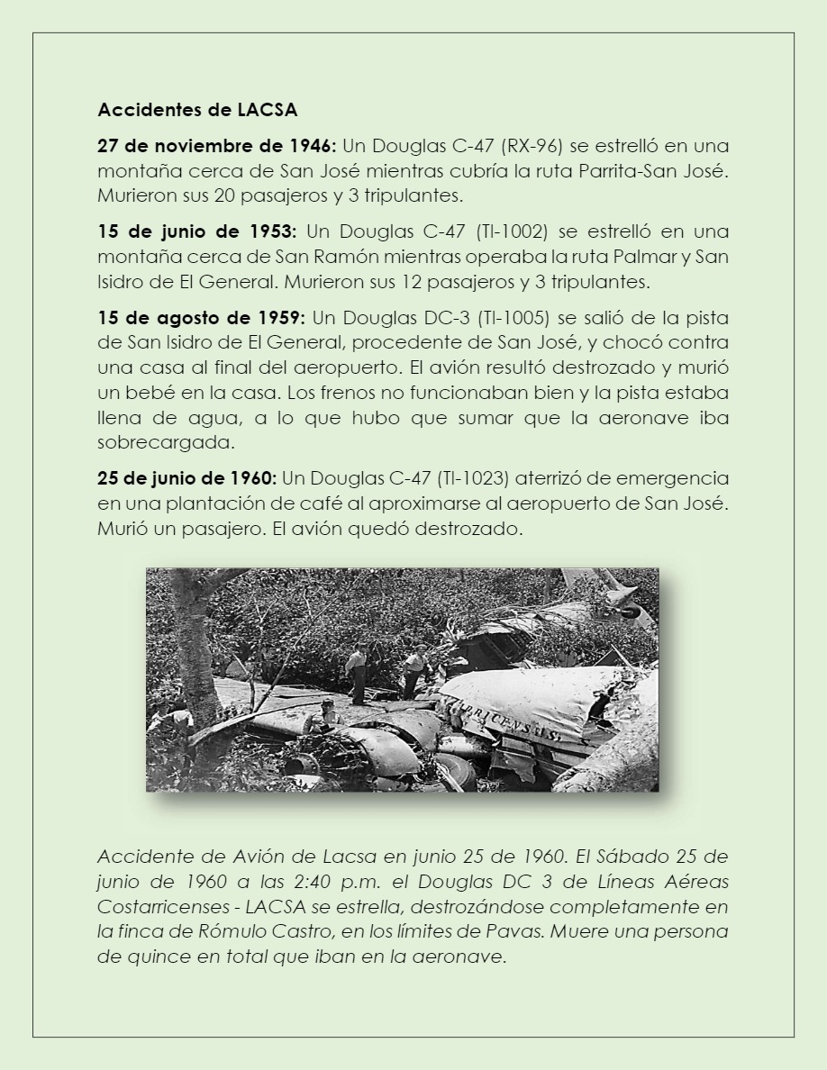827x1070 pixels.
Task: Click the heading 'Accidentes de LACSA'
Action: coord(197,111)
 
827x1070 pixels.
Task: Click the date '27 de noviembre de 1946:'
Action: coord(216,146)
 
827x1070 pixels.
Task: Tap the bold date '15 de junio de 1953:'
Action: coord(196,232)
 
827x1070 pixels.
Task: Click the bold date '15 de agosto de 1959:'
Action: coord(202,319)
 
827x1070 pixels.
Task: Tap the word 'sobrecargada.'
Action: coord(154,442)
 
